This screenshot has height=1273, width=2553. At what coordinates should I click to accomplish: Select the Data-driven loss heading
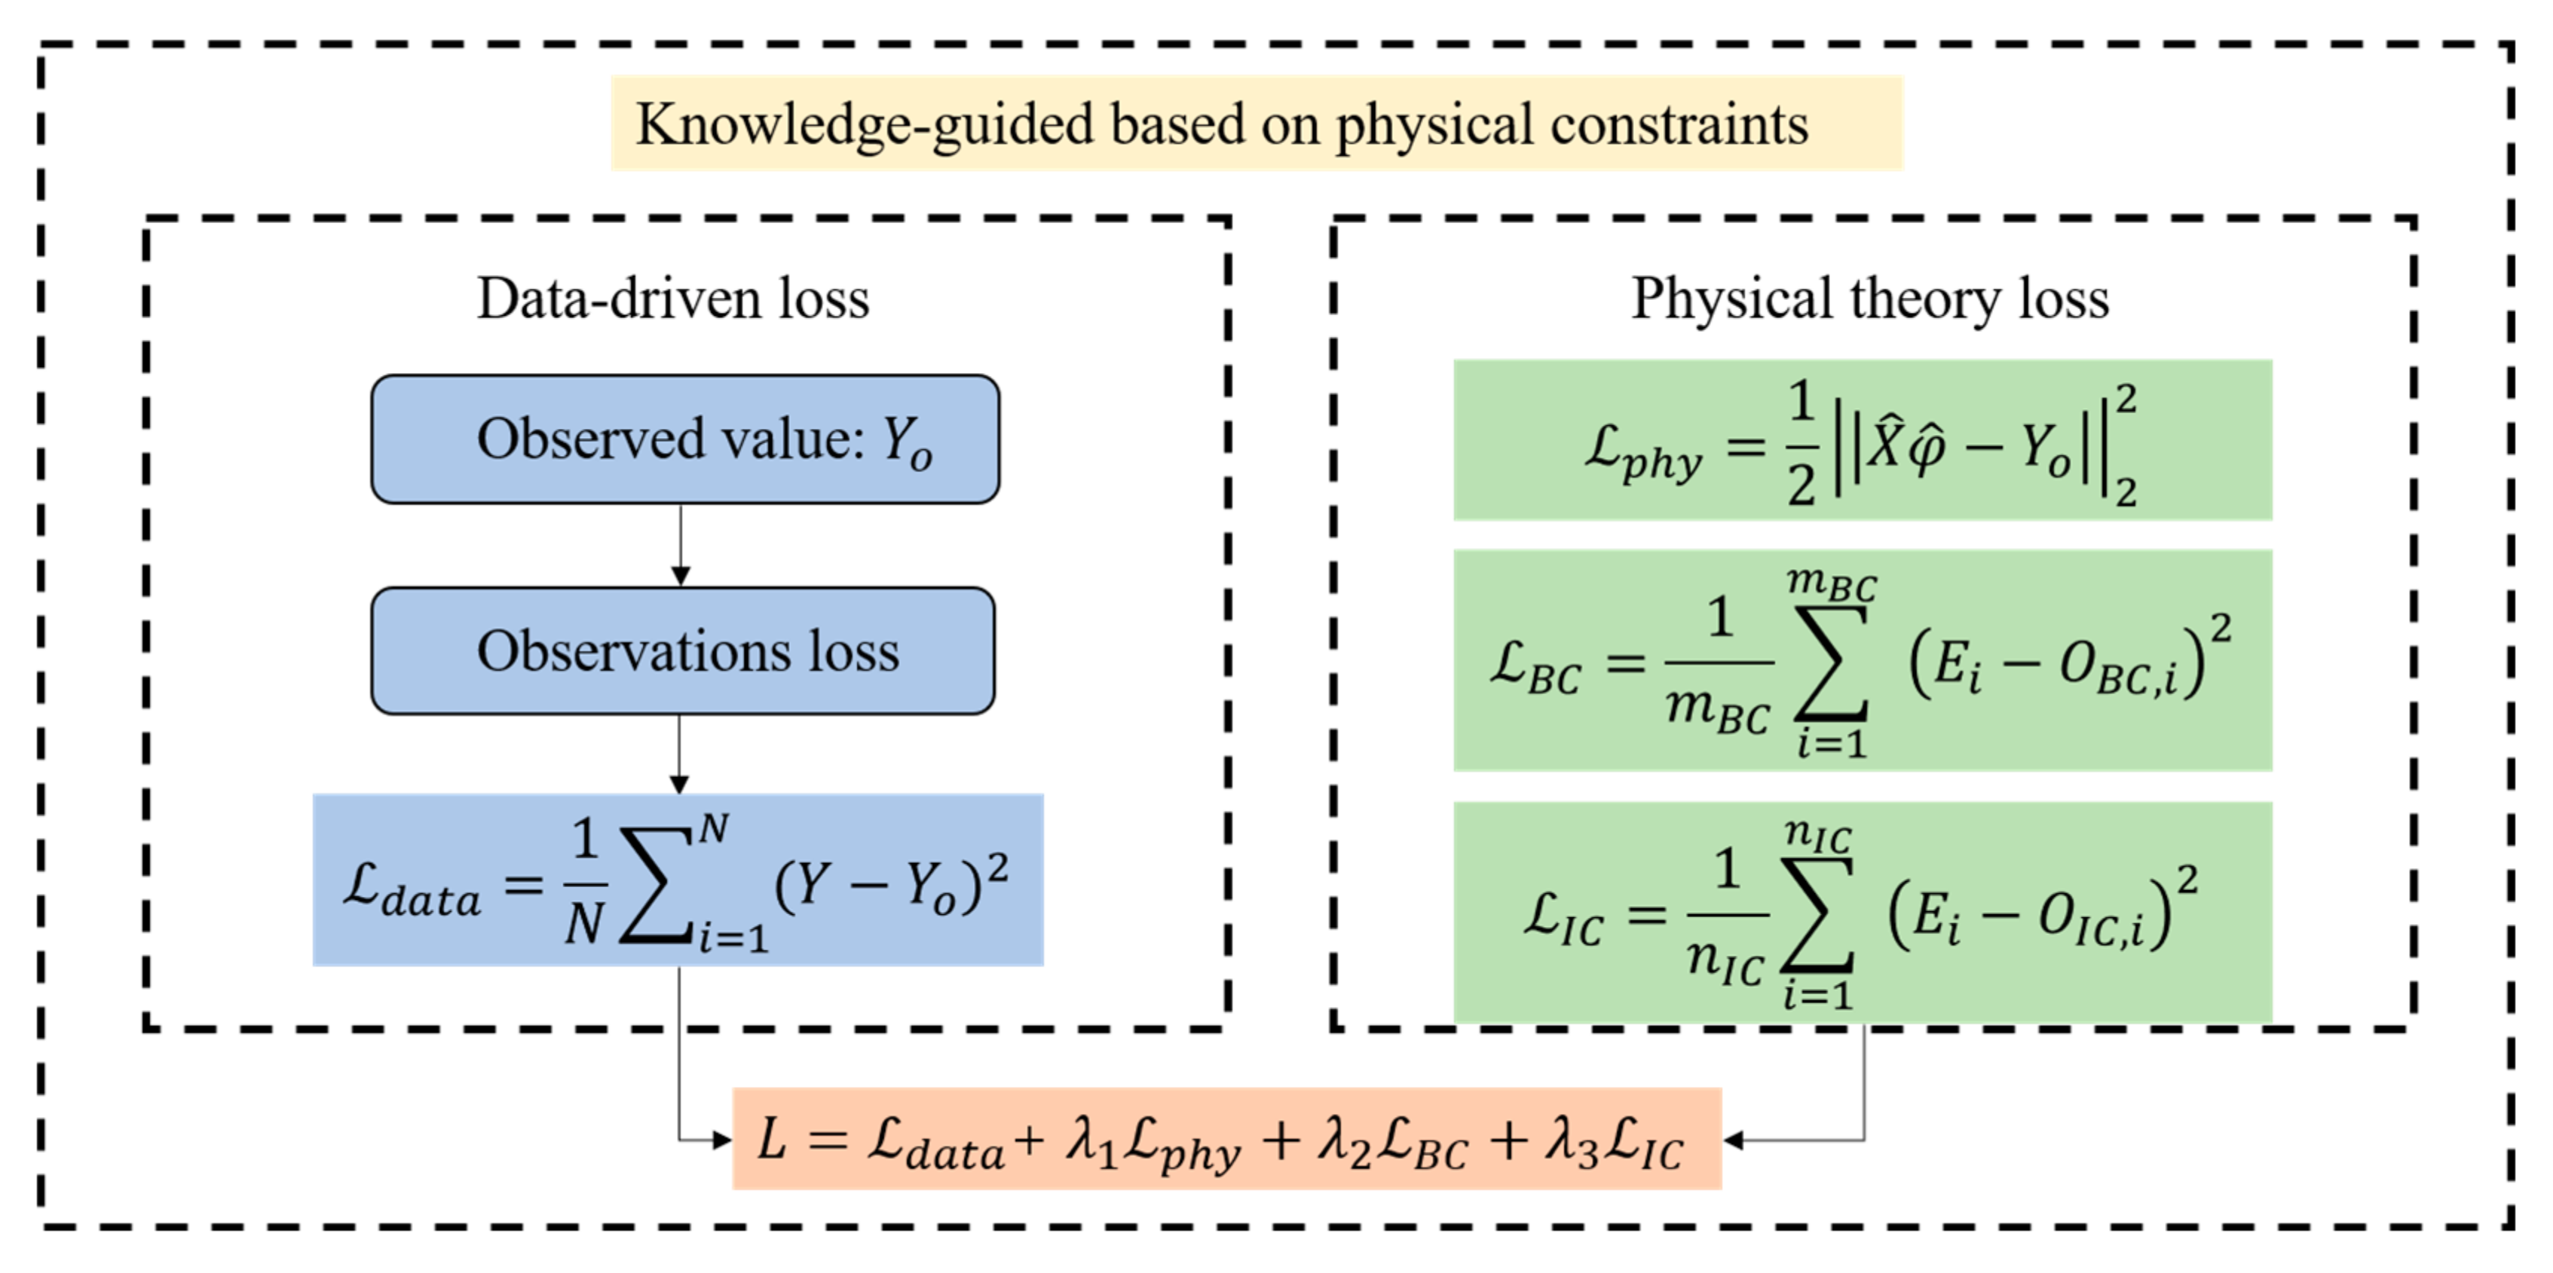pyautogui.click(x=673, y=298)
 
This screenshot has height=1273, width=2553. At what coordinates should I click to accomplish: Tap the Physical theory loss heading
pyautogui.click(x=1870, y=298)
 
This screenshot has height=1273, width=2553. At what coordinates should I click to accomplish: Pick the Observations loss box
pyautogui.click(x=683, y=651)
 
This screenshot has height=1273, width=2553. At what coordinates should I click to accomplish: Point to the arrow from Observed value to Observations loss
pyautogui.click(x=680, y=545)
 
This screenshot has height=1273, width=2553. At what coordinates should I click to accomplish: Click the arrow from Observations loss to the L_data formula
pyautogui.click(x=679, y=755)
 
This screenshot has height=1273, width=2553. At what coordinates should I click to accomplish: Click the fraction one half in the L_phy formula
pyautogui.click(x=1801, y=444)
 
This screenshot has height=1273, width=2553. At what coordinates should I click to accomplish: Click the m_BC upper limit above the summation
pyautogui.click(x=1832, y=583)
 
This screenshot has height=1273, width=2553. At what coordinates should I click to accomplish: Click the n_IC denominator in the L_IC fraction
pyautogui.click(x=1725, y=962)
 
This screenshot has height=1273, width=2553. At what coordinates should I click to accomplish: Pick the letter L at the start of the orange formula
pyautogui.click(x=772, y=1140)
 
